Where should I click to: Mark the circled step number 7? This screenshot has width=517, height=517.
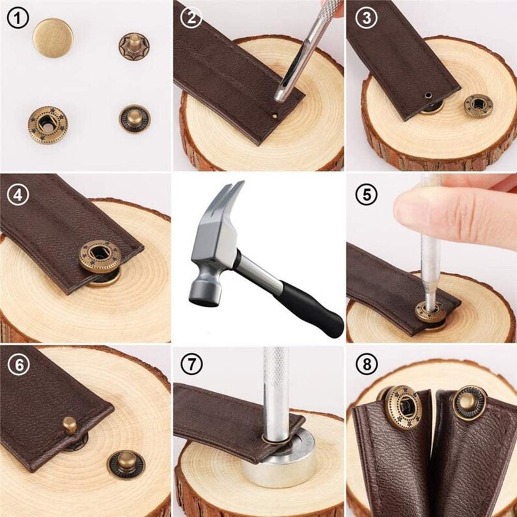point(191,365)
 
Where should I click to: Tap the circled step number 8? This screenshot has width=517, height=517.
point(366,365)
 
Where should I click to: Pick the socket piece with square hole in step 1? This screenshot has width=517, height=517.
point(48,123)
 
